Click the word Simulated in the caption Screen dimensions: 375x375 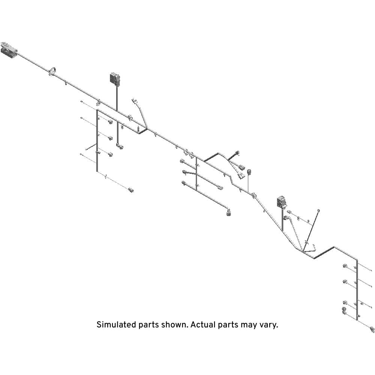(x=116, y=325)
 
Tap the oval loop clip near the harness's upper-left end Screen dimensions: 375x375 (x=52, y=71)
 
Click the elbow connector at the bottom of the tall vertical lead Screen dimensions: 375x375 (x=120, y=146)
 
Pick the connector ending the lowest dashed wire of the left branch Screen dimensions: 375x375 (x=131, y=190)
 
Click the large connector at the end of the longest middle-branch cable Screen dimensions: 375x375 (x=229, y=212)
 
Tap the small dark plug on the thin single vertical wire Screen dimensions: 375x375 (x=249, y=172)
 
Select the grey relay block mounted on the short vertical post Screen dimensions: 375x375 (x=282, y=202)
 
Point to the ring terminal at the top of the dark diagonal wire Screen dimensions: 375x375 (x=318, y=211)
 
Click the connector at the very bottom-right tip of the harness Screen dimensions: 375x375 (x=372, y=329)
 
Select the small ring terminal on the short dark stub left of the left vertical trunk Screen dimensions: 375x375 (x=86, y=150)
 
